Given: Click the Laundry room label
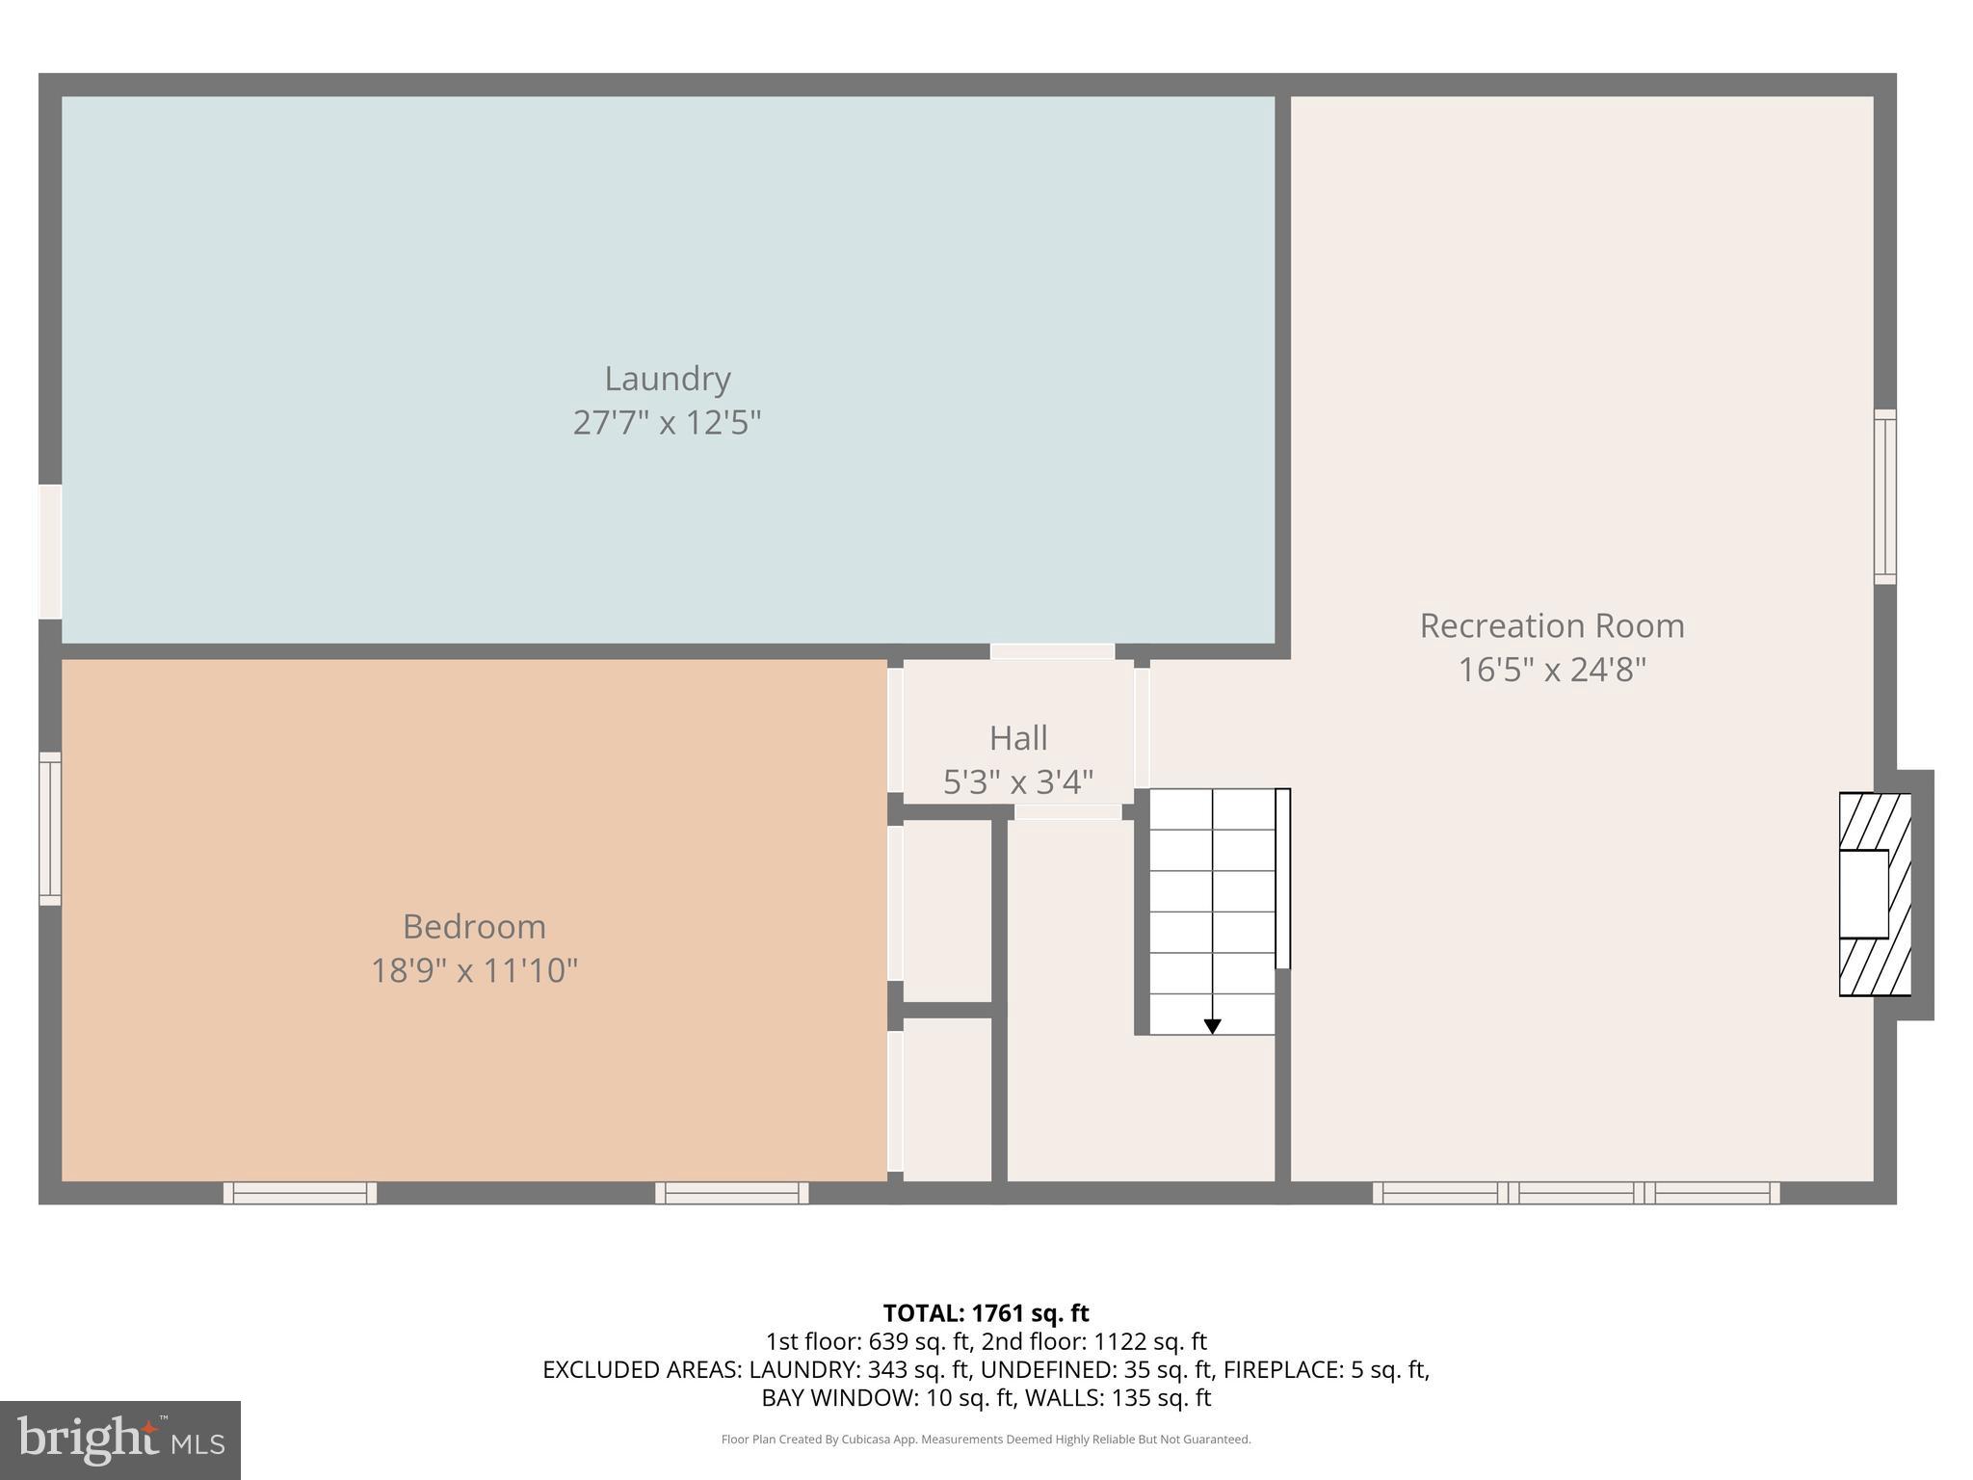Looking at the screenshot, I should click(x=667, y=379).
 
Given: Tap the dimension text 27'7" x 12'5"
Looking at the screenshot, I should click(x=667, y=423).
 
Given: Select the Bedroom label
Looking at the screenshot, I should click(x=474, y=927).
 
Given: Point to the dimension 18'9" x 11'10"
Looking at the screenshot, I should click(x=474, y=970).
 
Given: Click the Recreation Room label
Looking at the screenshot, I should click(x=1551, y=626).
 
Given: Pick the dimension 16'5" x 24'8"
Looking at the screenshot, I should click(x=1551, y=670).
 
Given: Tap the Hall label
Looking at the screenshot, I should click(x=1018, y=739).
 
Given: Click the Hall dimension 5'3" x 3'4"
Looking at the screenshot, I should click(x=1018, y=782).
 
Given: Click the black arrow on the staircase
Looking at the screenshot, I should click(x=1212, y=1027).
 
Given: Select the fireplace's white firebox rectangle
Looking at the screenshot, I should click(x=1862, y=894).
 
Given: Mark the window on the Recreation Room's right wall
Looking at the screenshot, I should click(x=1884, y=496).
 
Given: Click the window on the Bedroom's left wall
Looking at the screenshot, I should click(x=50, y=829).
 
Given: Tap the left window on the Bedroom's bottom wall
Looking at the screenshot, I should click(x=300, y=1193).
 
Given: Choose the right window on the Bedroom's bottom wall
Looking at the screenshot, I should click(x=732, y=1193).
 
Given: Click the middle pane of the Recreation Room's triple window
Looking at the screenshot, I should click(x=1576, y=1193).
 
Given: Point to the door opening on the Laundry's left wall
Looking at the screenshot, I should click(x=50, y=551).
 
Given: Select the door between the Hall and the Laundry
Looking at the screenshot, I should click(x=1052, y=651).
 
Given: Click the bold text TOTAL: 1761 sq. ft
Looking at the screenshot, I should click(x=986, y=1313).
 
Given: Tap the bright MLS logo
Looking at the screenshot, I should click(x=119, y=1440).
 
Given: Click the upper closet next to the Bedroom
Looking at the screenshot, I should click(x=947, y=911).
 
